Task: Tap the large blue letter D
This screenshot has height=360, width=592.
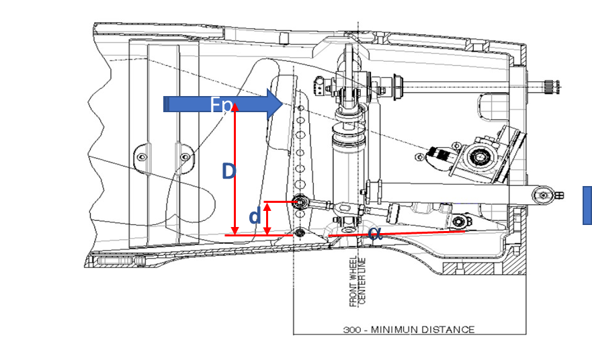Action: tap(229, 171)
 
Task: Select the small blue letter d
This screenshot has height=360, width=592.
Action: tap(255, 217)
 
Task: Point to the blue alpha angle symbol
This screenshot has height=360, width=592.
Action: tap(375, 234)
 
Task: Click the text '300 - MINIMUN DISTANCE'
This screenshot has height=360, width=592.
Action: tap(409, 329)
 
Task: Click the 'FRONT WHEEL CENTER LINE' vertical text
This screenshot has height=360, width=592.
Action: tap(357, 281)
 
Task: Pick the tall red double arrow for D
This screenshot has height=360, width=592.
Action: tap(235, 171)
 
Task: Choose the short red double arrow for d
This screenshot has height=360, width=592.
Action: tap(267, 218)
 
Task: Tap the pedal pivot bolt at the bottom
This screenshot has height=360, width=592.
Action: tap(299, 233)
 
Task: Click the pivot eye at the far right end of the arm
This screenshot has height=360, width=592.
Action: tap(539, 195)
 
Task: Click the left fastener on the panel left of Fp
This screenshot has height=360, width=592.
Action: tap(142, 157)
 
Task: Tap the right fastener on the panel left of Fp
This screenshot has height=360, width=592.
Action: tap(185, 157)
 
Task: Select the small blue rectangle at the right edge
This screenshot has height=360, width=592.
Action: tap(587, 205)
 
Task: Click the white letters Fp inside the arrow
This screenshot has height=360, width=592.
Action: tap(222, 105)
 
